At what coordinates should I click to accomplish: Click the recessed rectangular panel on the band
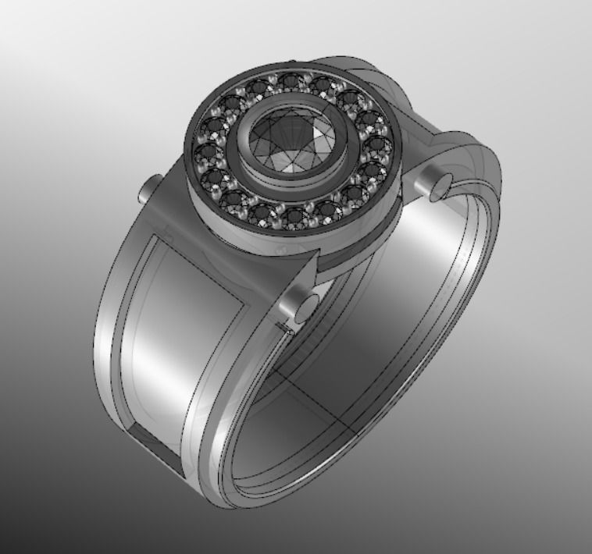tap(187, 328)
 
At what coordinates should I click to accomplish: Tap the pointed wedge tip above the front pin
tap(317, 269)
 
